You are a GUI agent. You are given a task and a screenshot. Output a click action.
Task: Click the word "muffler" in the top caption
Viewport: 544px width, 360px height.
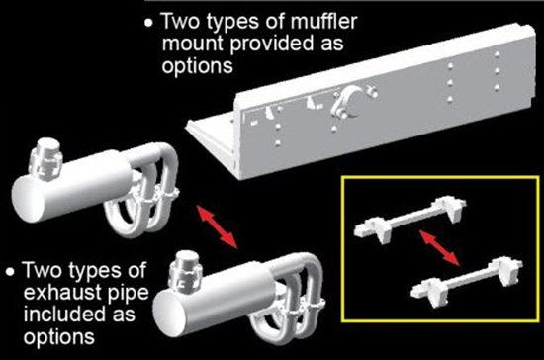(323, 22)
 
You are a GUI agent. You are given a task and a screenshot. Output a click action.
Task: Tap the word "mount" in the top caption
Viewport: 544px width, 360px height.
(193, 45)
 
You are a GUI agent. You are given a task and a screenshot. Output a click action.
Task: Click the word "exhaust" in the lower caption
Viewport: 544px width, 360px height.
(62, 293)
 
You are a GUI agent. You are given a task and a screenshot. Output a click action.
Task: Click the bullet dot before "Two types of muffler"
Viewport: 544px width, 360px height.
(148, 23)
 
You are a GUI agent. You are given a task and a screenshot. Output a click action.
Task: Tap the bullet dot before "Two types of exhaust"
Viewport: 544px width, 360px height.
(11, 272)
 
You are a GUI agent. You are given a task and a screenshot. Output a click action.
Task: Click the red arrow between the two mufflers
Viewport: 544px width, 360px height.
(218, 226)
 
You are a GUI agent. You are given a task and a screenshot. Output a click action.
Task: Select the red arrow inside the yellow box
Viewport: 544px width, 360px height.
(440, 248)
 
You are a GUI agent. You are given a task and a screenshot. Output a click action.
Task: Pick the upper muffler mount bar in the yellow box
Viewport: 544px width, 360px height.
(409, 219)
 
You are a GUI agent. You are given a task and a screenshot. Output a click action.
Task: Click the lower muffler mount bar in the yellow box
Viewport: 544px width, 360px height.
(467, 281)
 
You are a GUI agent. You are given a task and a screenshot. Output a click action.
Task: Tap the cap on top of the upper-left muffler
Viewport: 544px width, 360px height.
(46, 158)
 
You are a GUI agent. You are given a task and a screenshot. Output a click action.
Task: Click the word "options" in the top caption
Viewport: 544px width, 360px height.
(198, 66)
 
